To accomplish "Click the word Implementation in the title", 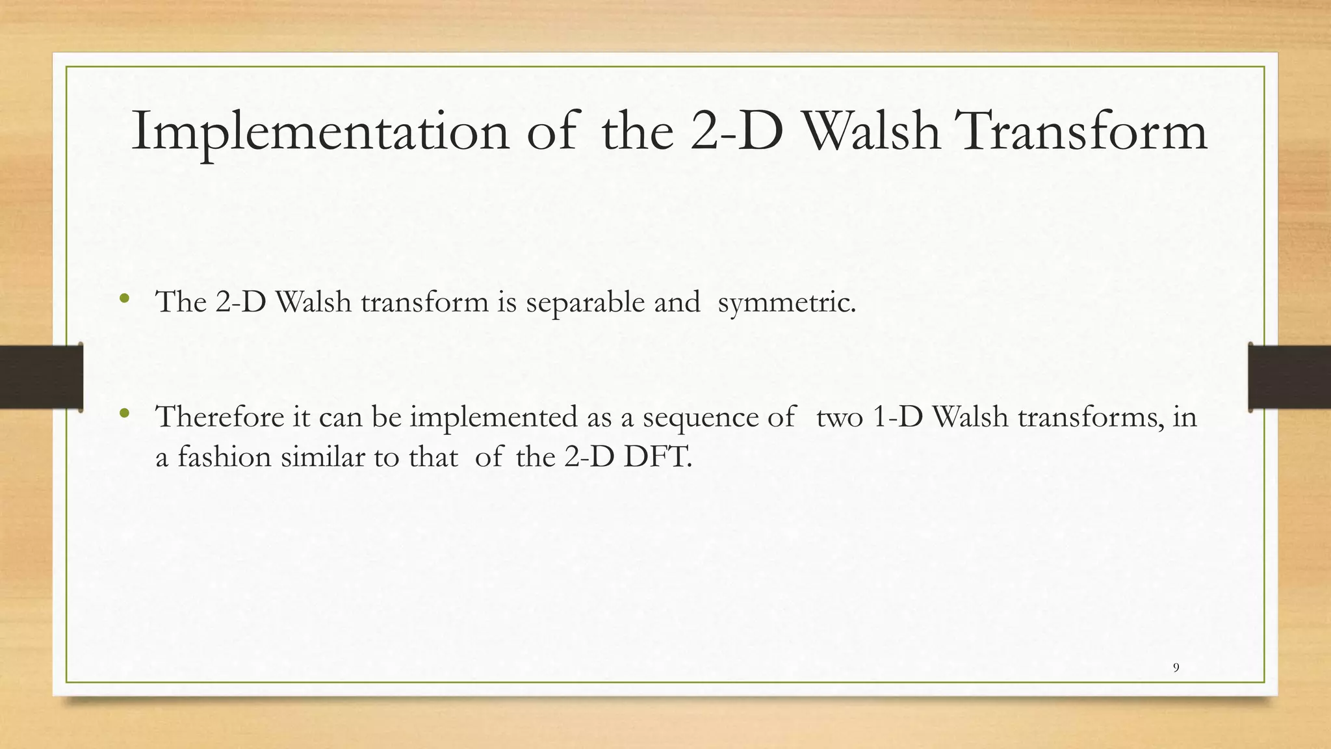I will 320,132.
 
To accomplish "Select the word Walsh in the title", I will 872,132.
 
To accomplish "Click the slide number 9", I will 1176,668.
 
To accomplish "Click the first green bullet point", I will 125,300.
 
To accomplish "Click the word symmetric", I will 786,302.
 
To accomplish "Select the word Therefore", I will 220,417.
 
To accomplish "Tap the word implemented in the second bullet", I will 493,417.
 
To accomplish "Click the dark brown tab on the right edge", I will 1289,377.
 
